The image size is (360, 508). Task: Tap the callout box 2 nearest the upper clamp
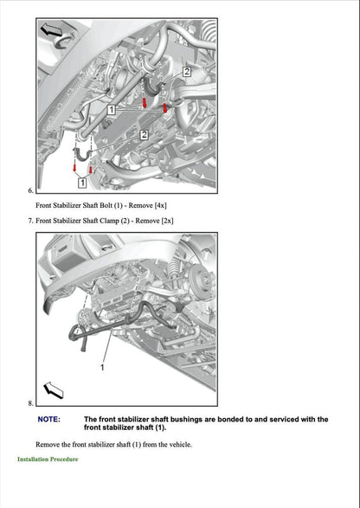(185, 73)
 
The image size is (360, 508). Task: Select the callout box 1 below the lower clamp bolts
(81, 183)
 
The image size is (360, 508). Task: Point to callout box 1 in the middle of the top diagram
(111, 110)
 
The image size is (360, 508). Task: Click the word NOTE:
(49, 419)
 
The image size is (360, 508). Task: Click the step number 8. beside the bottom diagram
(30, 403)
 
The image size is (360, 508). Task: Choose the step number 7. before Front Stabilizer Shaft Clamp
(30, 221)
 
